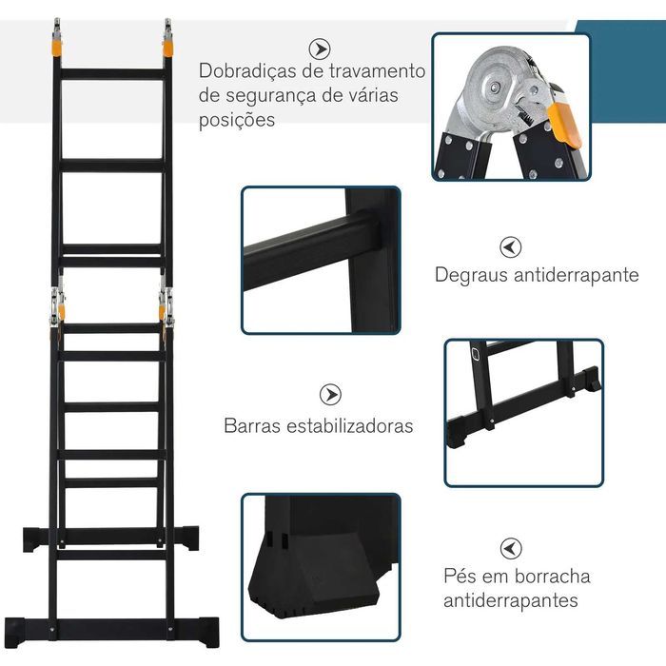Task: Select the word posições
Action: click(237, 121)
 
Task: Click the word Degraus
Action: click(470, 275)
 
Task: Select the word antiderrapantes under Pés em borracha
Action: click(511, 601)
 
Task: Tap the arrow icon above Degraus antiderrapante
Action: click(511, 247)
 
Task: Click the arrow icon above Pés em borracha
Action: click(511, 547)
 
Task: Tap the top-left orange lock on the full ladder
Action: click(58, 45)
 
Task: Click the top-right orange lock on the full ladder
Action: click(168, 45)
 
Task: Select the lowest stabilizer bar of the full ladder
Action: click(112, 626)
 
